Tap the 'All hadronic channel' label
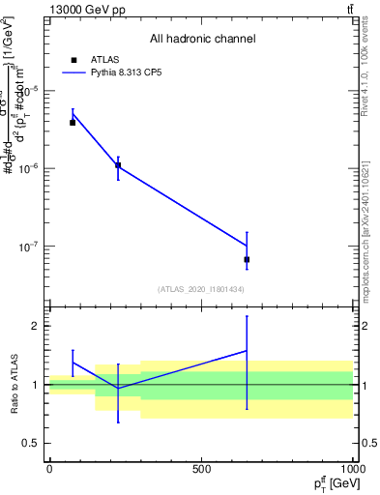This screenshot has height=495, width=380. tap(202, 39)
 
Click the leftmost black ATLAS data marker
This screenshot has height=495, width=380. tap(73, 123)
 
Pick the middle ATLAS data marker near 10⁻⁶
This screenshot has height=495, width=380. tap(118, 165)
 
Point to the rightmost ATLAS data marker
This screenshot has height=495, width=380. tap(247, 259)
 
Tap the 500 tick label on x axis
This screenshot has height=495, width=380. tap(201, 469)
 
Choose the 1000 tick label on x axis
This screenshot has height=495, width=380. tap(351, 469)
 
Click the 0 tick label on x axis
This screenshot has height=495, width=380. tap(49, 469)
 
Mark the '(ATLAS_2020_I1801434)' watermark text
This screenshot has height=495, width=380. tap(201, 289)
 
